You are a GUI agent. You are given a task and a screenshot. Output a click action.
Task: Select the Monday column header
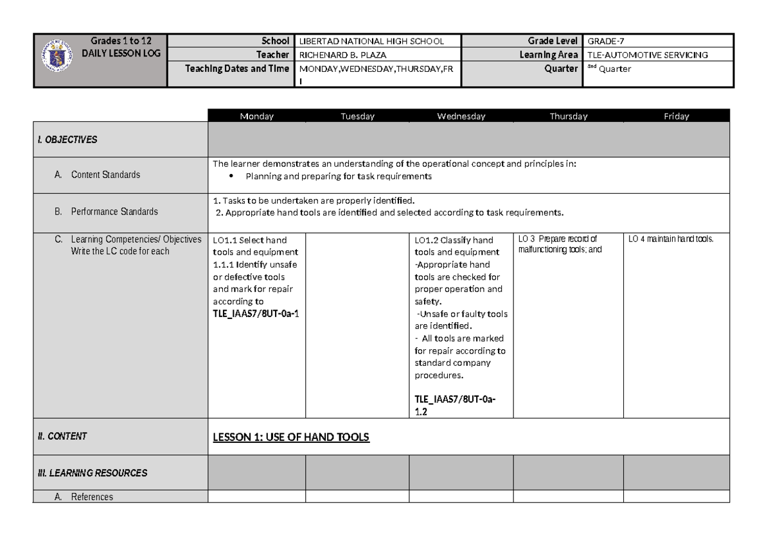[x=256, y=116]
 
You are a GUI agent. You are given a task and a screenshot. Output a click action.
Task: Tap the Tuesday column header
[x=357, y=116]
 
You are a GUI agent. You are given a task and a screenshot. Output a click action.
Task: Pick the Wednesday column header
[x=461, y=116]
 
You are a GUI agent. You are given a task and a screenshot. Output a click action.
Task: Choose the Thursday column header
[x=568, y=116]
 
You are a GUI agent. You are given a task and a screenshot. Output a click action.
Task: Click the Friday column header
[x=676, y=116]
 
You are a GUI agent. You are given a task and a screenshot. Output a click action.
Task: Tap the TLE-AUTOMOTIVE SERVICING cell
[x=643, y=55]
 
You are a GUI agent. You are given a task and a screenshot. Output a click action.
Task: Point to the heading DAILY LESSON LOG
[x=120, y=53]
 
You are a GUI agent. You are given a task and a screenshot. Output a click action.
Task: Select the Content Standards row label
[x=105, y=175]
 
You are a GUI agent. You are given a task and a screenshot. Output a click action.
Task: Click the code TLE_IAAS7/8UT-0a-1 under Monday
[x=256, y=313]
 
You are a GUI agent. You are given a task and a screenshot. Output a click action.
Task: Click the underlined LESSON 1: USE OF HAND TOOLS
[x=291, y=437]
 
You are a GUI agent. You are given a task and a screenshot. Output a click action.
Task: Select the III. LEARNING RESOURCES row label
[x=92, y=473]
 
